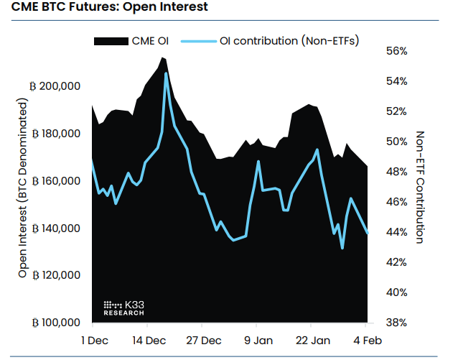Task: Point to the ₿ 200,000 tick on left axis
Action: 55,86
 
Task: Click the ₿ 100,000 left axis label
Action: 55,323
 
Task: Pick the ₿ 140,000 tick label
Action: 55,229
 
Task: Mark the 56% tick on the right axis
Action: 396,52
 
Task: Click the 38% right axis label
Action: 396,323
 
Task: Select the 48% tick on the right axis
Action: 396,172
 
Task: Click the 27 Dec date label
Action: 203,340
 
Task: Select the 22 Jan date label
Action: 313,340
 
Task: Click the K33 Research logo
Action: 124,308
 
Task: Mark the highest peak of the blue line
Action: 166,73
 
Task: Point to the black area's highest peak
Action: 163,57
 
